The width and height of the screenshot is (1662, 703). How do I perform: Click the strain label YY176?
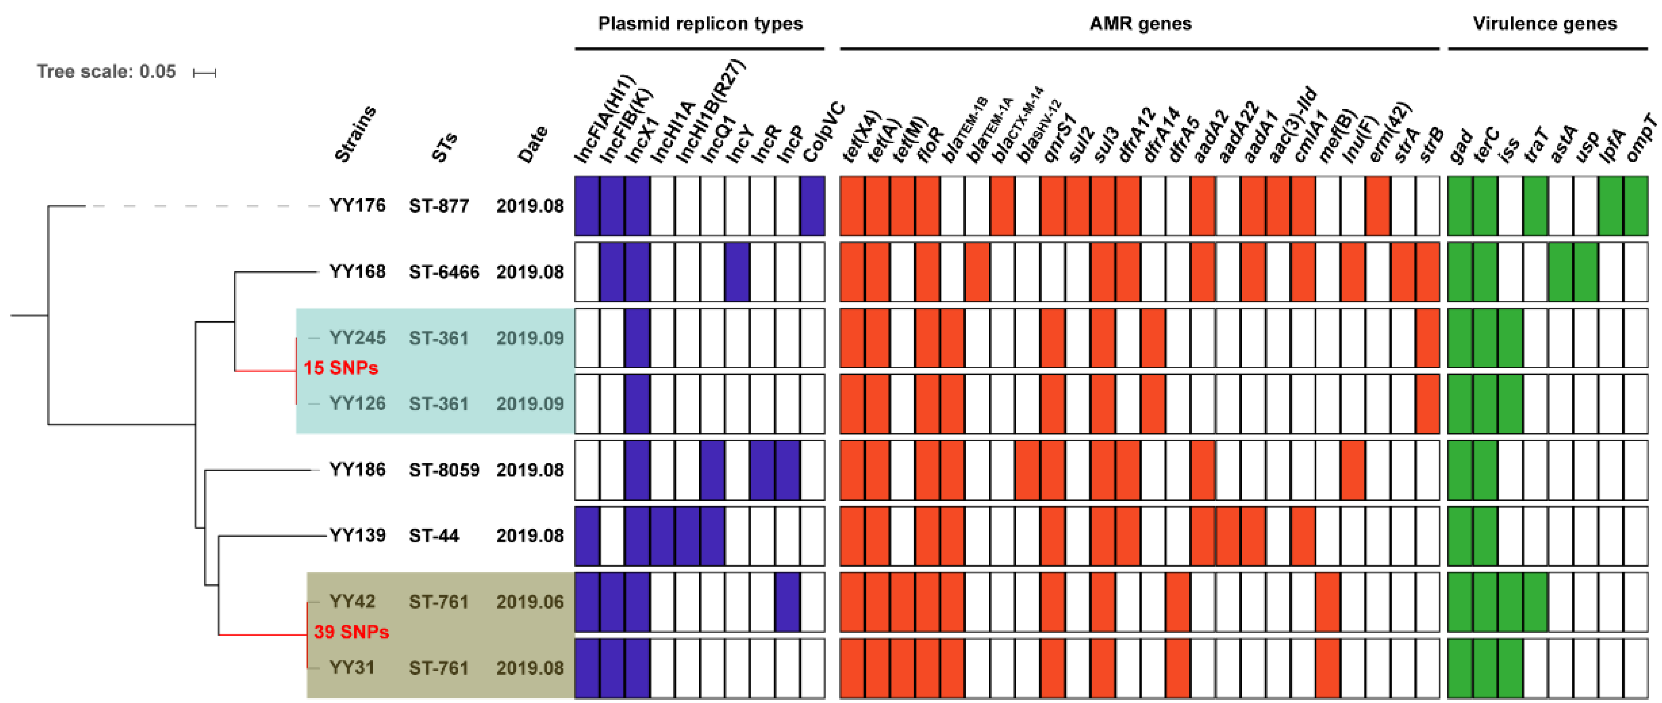[357, 206]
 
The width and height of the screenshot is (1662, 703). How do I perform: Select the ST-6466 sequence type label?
[444, 272]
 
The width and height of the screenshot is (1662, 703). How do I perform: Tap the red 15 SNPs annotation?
[341, 368]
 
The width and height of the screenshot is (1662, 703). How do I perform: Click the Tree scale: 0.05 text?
[106, 72]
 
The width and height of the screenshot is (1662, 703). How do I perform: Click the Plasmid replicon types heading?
[700, 24]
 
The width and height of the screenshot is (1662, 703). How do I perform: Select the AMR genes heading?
[1140, 24]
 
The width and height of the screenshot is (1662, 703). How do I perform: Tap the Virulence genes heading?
[1545, 24]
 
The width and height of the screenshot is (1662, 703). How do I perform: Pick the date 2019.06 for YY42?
[530, 602]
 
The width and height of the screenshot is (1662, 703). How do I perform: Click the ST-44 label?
[434, 536]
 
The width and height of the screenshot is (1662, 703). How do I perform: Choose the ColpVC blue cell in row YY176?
[812, 206]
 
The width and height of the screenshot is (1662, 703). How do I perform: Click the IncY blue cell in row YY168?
[737, 272]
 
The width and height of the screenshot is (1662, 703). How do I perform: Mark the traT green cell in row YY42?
[1535, 602]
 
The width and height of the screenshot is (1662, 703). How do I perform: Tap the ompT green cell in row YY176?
[1635, 206]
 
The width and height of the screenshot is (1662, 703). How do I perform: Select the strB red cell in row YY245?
[1427, 338]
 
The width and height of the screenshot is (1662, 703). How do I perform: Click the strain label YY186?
[357, 470]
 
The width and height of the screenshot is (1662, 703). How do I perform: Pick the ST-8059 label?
[444, 470]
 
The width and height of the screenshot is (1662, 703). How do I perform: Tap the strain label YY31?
[352, 668]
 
